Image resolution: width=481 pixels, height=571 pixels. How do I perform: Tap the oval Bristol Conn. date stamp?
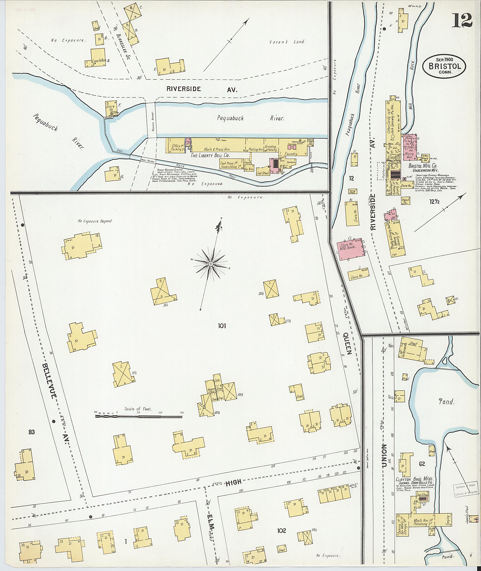(444, 67)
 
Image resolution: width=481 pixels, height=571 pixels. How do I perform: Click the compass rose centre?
(210, 264)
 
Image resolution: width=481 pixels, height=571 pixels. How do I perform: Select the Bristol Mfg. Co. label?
(423, 165)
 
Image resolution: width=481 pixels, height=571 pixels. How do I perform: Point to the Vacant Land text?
(287, 42)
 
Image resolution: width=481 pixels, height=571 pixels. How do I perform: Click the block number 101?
(222, 325)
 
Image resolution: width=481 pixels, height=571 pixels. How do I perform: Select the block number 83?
(32, 432)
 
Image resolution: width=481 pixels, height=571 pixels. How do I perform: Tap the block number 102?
(281, 531)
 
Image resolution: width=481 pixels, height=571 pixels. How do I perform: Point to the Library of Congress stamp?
(466, 488)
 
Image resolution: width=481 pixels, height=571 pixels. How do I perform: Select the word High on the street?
(234, 482)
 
